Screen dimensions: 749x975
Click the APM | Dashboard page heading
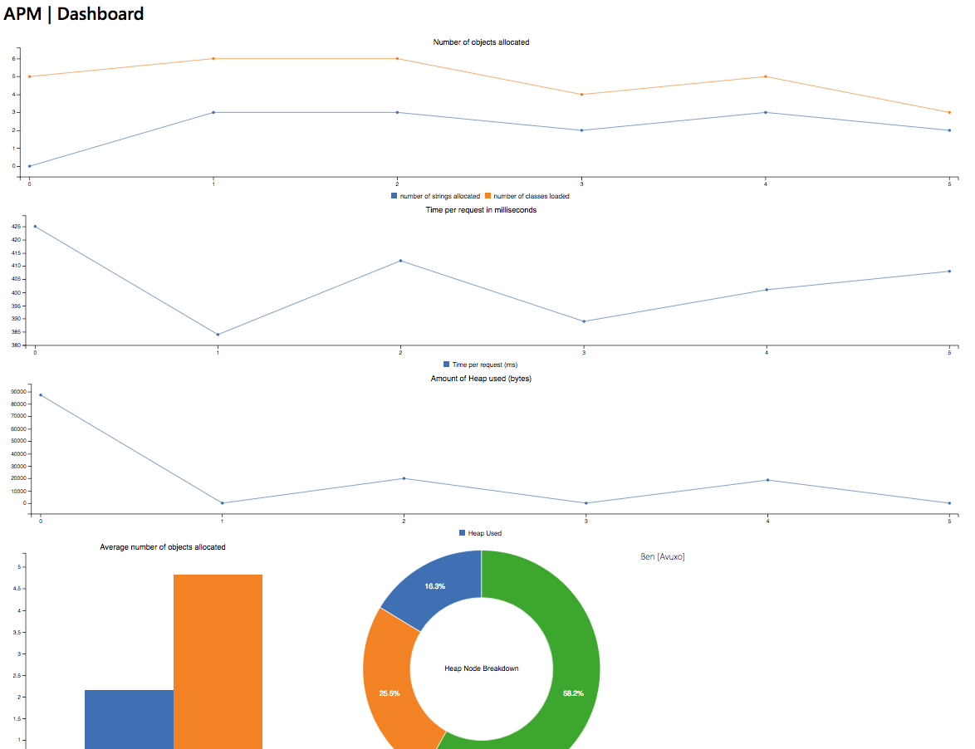click(x=74, y=14)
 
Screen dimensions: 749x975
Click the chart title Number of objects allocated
click(x=481, y=42)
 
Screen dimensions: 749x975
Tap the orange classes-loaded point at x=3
click(x=582, y=95)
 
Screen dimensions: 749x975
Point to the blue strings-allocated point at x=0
click(x=30, y=166)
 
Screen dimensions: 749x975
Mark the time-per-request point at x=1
click(x=218, y=335)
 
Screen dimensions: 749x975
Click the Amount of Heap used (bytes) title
click(x=481, y=379)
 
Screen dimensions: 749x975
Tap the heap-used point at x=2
click(x=404, y=478)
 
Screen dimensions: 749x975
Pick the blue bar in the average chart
click(x=129, y=718)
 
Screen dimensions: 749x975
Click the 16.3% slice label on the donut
click(x=435, y=586)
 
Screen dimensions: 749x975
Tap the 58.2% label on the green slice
click(x=573, y=693)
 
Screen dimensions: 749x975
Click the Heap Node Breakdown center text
click(x=482, y=668)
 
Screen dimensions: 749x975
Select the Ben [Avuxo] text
click(x=663, y=556)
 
